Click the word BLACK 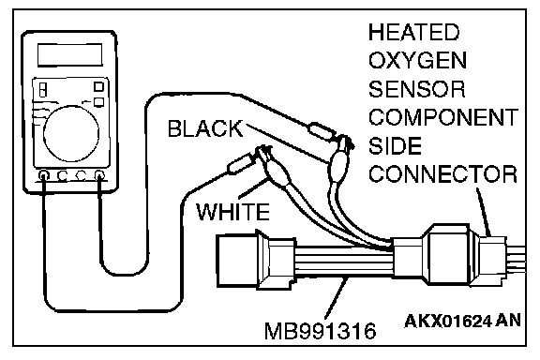(x=205, y=128)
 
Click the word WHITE (x=232, y=211)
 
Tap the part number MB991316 (x=320, y=331)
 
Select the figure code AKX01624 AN (x=462, y=321)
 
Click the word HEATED (x=413, y=32)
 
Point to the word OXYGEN (x=417, y=60)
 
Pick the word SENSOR (x=416, y=89)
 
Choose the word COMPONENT (x=443, y=117)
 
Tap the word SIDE (x=395, y=145)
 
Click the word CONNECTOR (x=442, y=174)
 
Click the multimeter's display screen (x=70, y=54)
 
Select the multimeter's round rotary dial (x=71, y=133)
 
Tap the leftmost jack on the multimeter (x=44, y=176)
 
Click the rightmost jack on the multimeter (x=99, y=175)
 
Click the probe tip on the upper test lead (x=322, y=131)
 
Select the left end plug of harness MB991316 (x=237, y=260)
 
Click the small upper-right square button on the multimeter (x=98, y=86)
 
